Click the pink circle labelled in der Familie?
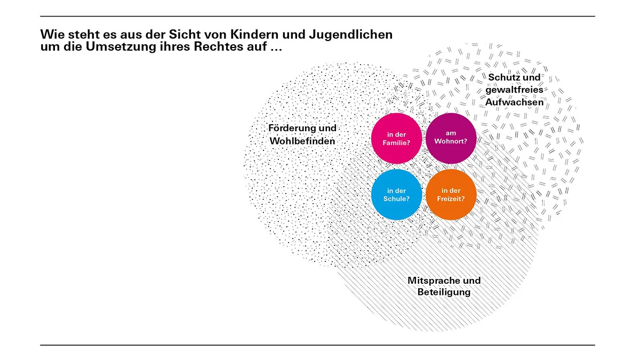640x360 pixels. click(396, 138)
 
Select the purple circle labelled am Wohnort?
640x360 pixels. click(451, 138)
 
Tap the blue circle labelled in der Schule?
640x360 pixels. click(396, 195)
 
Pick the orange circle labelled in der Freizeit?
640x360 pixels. click(451, 195)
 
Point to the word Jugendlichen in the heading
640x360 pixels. click(350, 35)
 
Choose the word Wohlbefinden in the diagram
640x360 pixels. click(302, 141)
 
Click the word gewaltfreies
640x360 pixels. click(514, 90)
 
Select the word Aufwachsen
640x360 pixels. click(514, 102)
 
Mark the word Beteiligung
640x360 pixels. click(444, 292)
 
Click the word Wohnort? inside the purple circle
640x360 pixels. click(451, 141)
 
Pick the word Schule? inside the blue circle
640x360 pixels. click(396, 198)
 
